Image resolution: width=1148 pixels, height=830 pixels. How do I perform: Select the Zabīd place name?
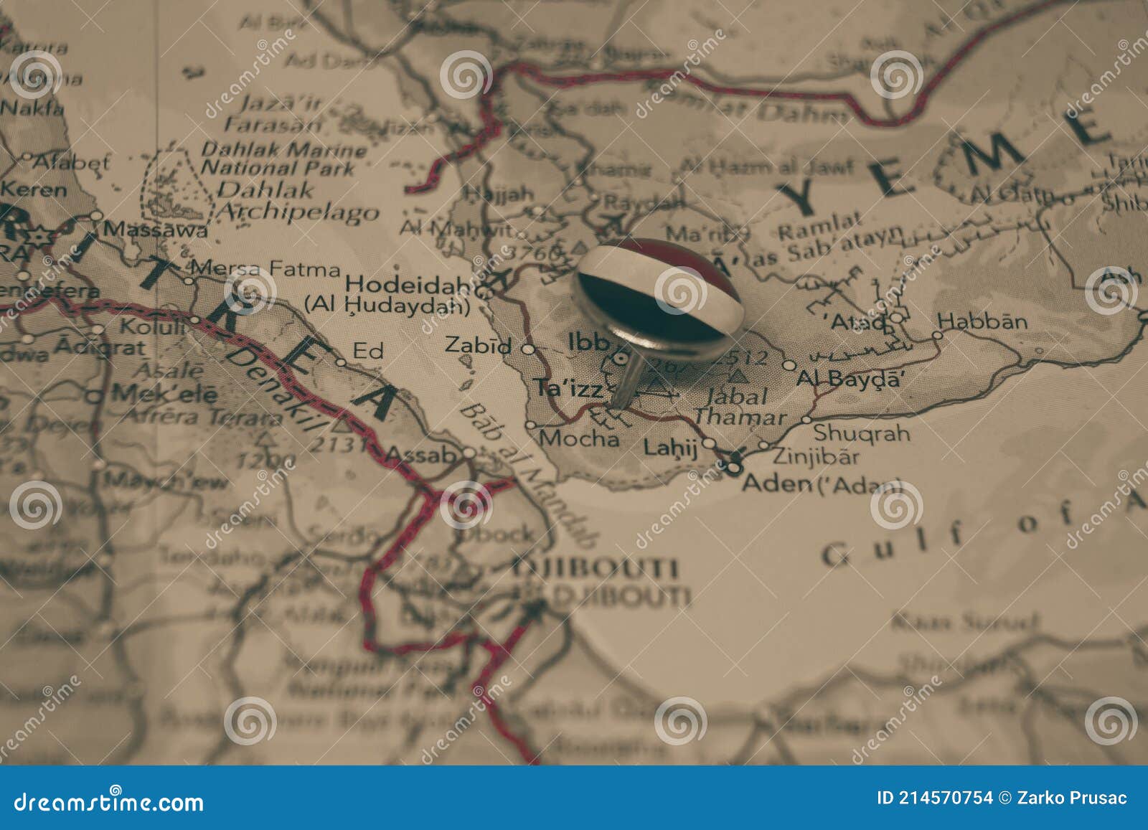click(x=479, y=345)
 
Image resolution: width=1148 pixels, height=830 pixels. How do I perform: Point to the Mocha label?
click(x=579, y=438)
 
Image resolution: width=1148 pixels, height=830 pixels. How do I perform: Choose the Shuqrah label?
click(x=861, y=433)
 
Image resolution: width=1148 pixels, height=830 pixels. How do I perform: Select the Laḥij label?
click(x=670, y=448)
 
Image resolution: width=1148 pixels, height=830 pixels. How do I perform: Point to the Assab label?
click(x=421, y=455)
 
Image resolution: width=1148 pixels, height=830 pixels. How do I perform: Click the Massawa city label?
click(x=156, y=230)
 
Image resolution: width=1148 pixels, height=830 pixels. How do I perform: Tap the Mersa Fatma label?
click(x=266, y=270)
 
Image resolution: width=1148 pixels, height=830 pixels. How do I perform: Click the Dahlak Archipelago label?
click(x=297, y=201)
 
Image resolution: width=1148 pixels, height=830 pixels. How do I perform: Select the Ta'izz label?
click(x=570, y=388)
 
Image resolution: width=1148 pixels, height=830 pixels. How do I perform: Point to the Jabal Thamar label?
click(x=739, y=406)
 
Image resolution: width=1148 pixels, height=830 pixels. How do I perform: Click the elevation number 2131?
click(x=337, y=445)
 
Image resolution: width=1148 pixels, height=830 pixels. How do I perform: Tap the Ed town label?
click(x=368, y=351)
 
